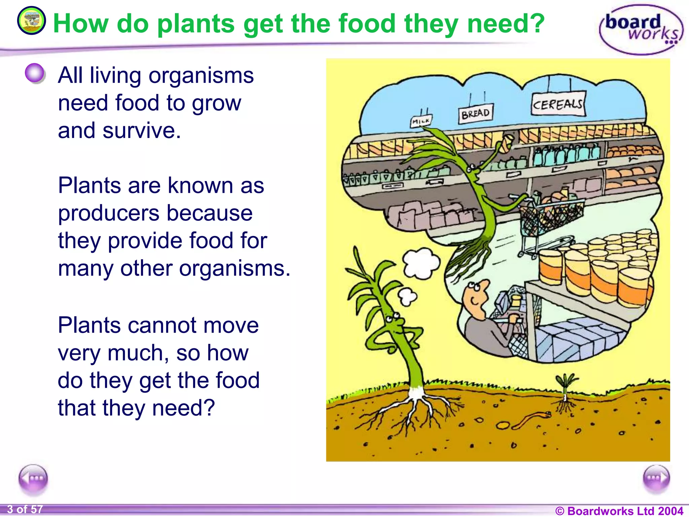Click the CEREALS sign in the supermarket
click(558, 105)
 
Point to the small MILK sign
click(421, 121)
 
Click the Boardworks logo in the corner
click(641, 30)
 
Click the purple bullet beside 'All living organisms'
click(35, 73)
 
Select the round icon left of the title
click(31, 21)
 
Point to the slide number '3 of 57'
click(25, 509)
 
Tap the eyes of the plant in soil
click(393, 317)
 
